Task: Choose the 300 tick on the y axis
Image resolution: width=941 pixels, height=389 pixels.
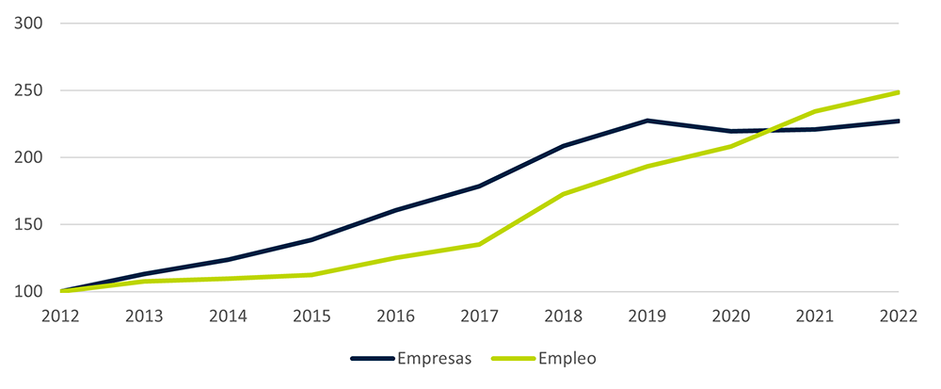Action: (31, 24)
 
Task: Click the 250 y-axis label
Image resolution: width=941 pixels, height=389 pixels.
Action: (31, 90)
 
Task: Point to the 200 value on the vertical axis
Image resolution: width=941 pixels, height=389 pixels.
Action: (31, 157)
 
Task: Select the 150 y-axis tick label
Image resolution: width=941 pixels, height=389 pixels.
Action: (31, 225)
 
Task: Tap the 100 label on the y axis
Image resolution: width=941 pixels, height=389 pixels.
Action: (31, 292)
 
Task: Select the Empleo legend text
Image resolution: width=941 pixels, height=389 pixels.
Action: (568, 359)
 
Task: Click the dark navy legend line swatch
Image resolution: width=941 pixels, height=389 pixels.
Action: (372, 359)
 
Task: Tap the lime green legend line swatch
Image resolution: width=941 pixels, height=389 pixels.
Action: (514, 359)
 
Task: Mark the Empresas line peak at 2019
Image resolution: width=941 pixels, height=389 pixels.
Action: (647, 121)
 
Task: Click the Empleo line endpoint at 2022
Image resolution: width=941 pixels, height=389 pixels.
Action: (899, 92)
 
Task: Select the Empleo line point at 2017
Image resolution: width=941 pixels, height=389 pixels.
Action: (480, 244)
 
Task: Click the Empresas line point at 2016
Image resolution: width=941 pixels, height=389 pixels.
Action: (396, 210)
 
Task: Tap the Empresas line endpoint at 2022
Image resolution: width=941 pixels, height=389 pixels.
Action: (899, 121)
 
